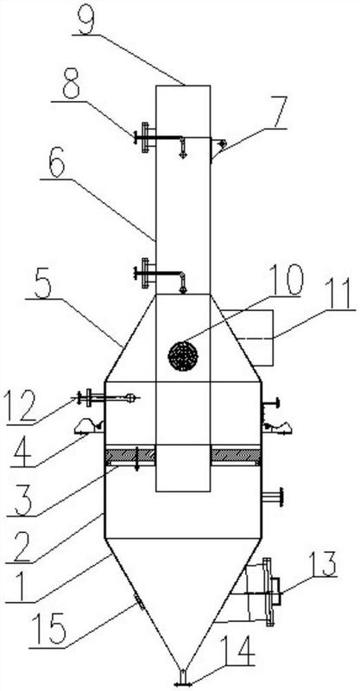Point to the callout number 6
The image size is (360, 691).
(x=55, y=164)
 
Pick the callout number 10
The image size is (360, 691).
(x=284, y=280)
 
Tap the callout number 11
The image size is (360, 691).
(x=338, y=295)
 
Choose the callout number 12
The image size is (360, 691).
(x=22, y=408)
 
